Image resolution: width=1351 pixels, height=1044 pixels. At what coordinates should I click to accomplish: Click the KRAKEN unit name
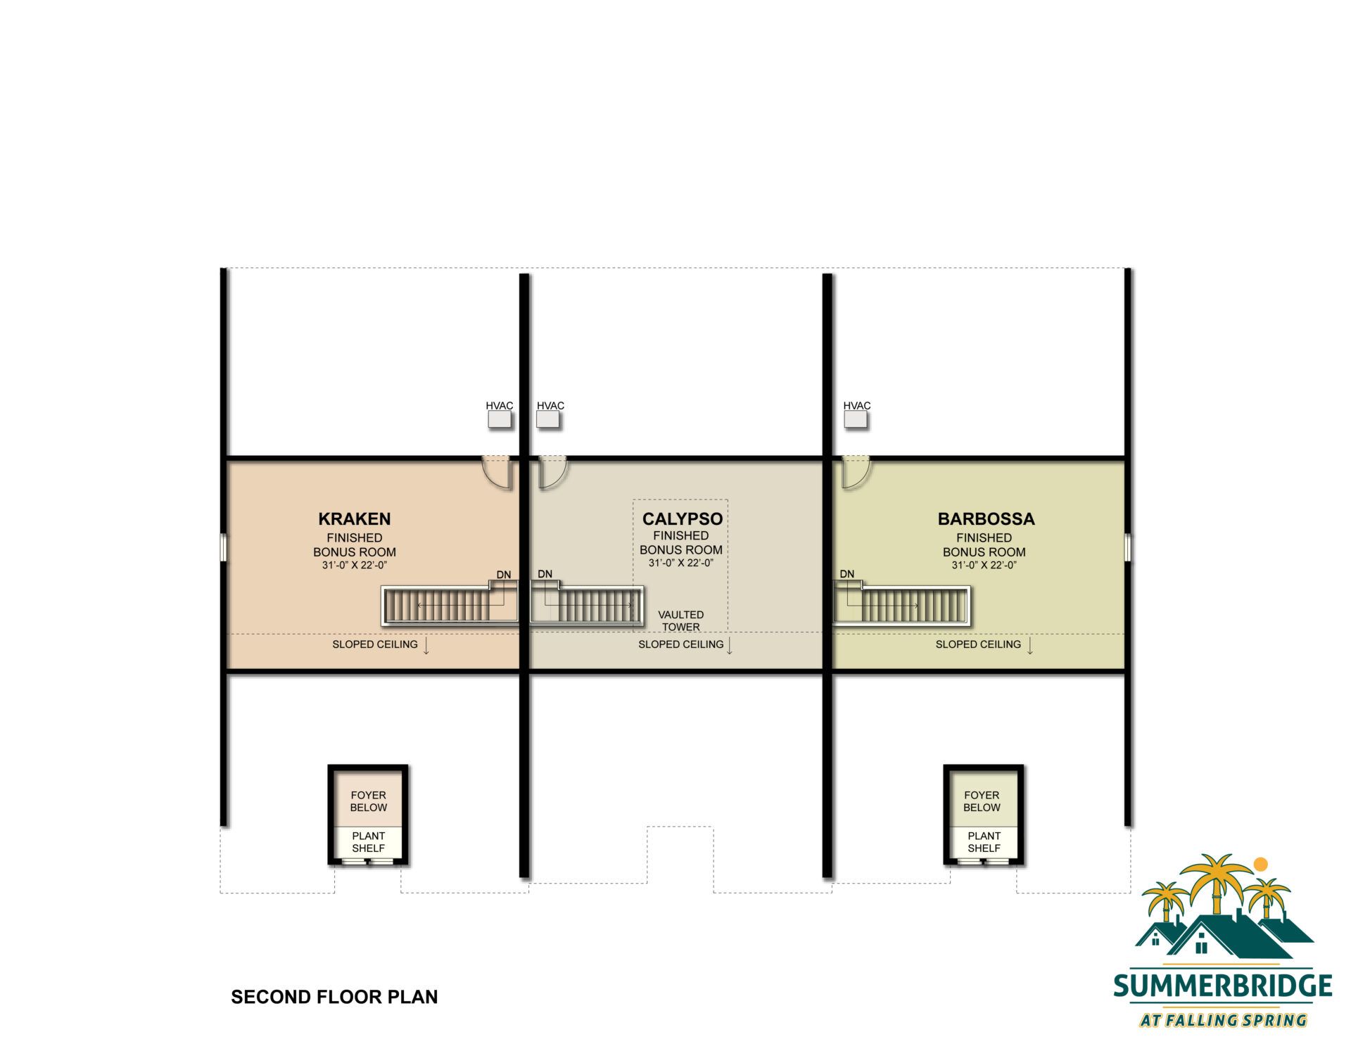(355, 519)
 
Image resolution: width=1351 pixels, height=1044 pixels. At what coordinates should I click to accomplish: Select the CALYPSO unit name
(683, 519)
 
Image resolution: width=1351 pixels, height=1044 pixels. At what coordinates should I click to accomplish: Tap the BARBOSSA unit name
(986, 519)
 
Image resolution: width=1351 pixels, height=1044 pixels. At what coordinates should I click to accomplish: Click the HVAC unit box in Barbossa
(856, 420)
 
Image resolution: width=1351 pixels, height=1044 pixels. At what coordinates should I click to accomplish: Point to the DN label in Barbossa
(847, 574)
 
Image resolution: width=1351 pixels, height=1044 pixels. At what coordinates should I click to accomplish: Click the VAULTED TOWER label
(680, 620)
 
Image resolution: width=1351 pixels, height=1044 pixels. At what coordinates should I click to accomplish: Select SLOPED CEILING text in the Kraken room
(375, 644)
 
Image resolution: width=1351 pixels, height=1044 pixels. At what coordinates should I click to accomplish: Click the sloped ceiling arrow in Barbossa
(1030, 646)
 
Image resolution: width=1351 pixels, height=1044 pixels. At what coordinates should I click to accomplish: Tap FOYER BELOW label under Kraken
(369, 801)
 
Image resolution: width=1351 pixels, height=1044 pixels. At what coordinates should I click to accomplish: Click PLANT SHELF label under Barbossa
(984, 842)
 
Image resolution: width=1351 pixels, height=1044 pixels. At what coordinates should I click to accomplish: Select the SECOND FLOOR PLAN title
(334, 997)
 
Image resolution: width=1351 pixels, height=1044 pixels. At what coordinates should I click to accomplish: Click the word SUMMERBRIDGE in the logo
(1223, 986)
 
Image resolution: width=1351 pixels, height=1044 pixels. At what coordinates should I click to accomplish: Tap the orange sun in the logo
(1261, 864)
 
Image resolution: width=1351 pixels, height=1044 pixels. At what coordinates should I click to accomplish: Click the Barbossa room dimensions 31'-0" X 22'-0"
(984, 565)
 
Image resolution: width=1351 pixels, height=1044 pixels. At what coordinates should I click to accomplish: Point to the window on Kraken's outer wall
(222, 547)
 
